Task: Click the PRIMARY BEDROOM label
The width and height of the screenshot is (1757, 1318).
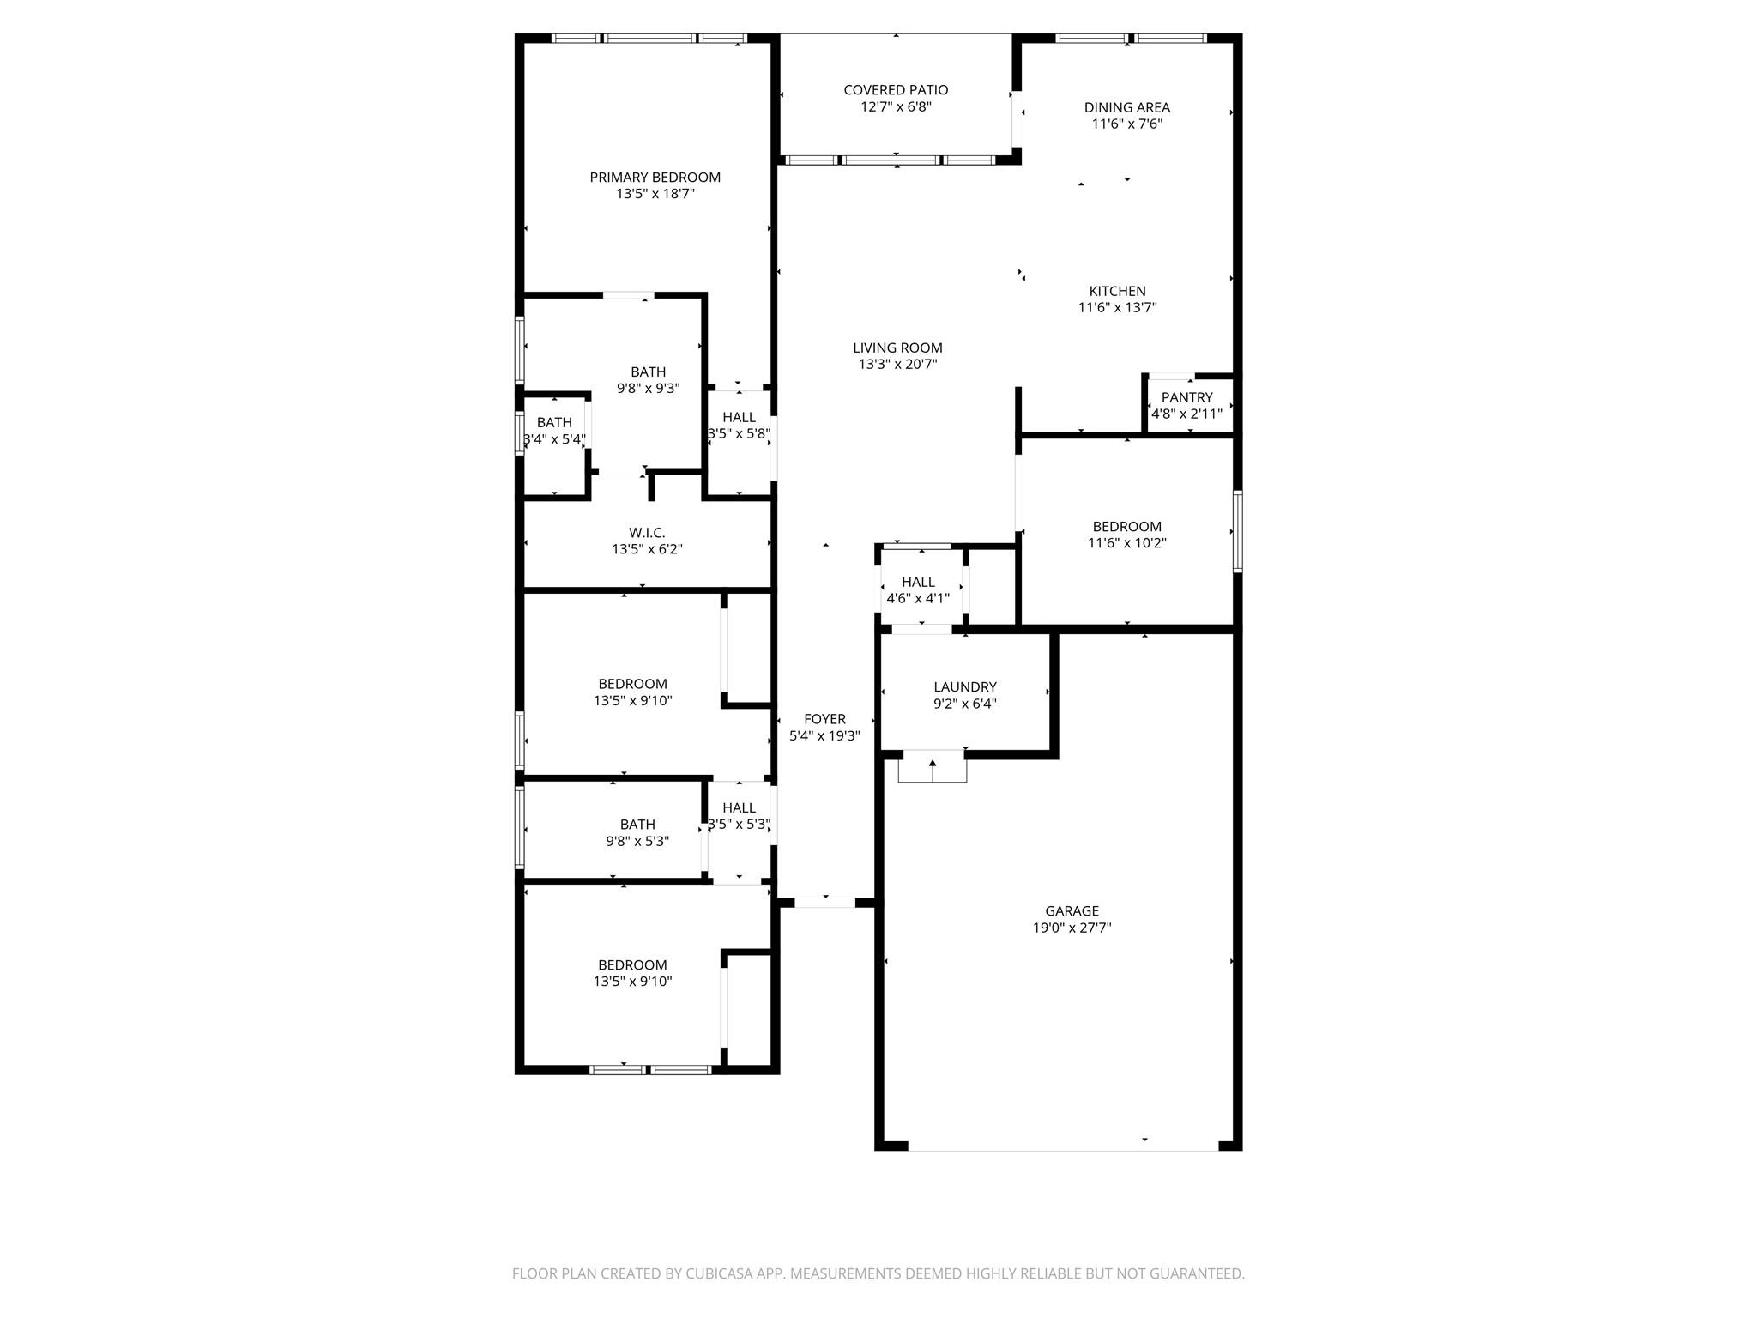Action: click(655, 178)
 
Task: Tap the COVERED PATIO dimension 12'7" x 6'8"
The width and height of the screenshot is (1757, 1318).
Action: click(896, 107)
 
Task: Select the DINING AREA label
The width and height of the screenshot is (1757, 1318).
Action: click(1126, 107)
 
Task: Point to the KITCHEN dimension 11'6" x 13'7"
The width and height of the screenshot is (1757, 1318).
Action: click(1117, 308)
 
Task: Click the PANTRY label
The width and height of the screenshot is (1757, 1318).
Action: click(1186, 397)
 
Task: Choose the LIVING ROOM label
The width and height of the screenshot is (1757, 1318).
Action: click(897, 348)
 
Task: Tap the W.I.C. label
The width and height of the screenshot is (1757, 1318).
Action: click(647, 533)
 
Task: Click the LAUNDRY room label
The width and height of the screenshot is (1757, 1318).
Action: click(964, 687)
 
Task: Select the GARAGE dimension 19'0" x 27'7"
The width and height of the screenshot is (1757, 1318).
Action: click(1072, 928)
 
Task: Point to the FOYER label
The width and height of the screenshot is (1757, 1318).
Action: click(824, 719)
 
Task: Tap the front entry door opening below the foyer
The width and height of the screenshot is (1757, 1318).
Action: click(824, 902)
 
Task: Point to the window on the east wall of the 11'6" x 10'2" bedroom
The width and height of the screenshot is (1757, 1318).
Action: click(1237, 531)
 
